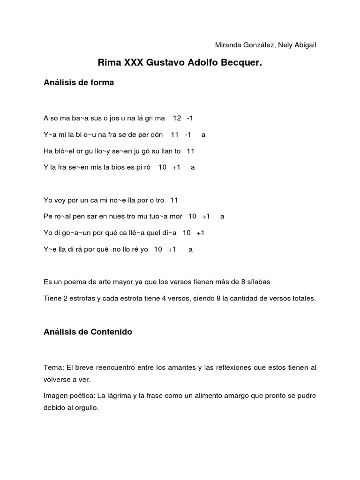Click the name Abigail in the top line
pos(304,45)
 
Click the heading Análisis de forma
pos(79,82)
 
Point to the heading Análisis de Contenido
pos(88,332)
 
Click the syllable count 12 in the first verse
pos(177,118)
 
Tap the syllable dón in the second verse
pos(157,135)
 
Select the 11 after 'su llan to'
pos(190,151)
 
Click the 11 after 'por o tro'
pos(174,200)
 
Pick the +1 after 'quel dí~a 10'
pos(200,233)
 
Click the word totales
pos(303,299)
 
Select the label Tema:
pos(52,367)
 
